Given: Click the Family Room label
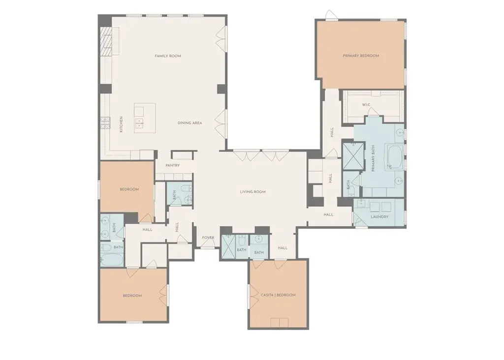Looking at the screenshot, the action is [x=168, y=56].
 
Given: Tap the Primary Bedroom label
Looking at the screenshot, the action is [x=361, y=56].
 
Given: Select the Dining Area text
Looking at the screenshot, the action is [x=189, y=122].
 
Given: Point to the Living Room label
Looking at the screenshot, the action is [x=252, y=192].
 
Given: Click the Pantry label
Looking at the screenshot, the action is [x=173, y=165].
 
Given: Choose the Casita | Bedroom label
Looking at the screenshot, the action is [x=278, y=295].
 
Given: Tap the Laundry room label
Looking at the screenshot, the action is [x=379, y=217].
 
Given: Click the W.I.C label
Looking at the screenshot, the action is [x=366, y=105].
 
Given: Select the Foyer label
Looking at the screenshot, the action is [x=208, y=238].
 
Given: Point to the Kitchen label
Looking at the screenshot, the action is [x=121, y=124].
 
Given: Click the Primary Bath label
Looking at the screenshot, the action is [x=373, y=158].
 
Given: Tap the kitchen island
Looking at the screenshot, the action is [x=145, y=118].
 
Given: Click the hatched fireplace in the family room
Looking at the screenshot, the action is [x=106, y=41].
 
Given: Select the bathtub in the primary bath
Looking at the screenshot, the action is [x=394, y=157].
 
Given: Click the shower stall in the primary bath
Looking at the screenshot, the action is [x=353, y=156].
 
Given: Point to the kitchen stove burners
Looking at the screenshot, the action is [x=105, y=122].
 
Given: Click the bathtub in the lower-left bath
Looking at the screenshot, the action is [x=112, y=260].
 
